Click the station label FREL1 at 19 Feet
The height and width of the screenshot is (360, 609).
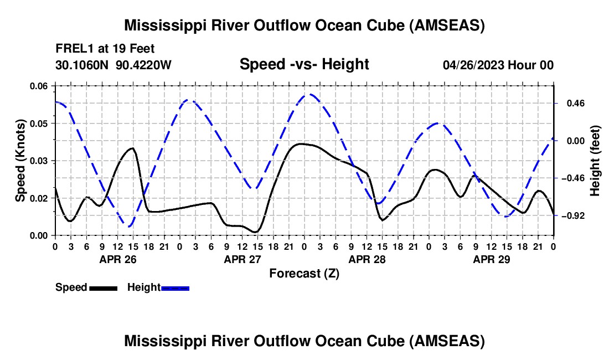(105, 49)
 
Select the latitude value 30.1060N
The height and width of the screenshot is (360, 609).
(81, 65)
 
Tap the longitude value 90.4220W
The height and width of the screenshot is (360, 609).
(143, 65)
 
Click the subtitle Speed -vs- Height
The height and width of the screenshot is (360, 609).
(304, 64)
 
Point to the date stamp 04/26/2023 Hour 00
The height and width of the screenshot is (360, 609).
(498, 65)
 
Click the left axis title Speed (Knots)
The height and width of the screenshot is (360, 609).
(20, 161)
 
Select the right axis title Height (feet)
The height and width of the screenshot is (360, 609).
(595, 161)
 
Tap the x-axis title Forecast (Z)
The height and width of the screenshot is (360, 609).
(304, 274)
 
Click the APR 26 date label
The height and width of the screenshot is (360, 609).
(118, 259)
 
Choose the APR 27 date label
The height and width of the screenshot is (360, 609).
(242, 259)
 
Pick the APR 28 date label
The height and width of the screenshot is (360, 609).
(367, 259)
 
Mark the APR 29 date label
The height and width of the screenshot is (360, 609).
(491, 259)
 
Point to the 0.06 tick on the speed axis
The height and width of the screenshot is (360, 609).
(38, 86)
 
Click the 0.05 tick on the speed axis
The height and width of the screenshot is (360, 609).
(38, 124)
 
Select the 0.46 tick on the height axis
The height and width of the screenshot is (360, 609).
(576, 104)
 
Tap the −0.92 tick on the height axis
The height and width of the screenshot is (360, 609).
(573, 215)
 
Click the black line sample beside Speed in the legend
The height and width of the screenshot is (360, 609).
(104, 288)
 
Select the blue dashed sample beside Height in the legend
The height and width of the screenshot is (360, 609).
(175, 288)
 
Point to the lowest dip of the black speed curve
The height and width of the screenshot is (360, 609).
(255, 232)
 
